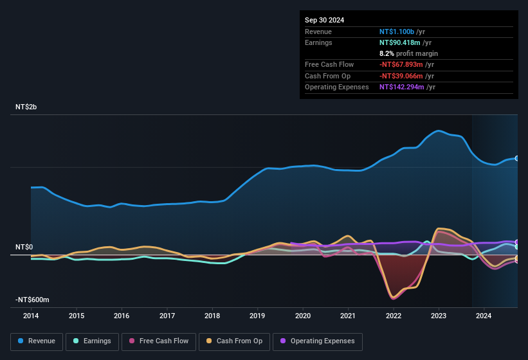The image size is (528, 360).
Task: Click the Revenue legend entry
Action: click(37, 341)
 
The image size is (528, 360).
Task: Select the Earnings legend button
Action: click(91, 341)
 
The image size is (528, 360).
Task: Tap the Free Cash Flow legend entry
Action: click(159, 341)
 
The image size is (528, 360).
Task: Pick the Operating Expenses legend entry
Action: click(318, 341)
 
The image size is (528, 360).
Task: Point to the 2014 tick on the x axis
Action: click(31, 316)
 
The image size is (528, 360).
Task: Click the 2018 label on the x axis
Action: click(212, 316)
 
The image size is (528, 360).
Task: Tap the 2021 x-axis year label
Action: click(348, 316)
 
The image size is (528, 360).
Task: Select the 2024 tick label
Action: click(484, 316)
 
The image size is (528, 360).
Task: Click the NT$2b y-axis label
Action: click(26, 107)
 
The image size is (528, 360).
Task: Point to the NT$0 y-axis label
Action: click(24, 248)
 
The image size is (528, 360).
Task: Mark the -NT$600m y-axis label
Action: click(32, 300)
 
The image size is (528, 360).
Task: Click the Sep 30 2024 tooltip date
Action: click(324, 20)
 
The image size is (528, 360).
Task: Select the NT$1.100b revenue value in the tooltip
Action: click(397, 31)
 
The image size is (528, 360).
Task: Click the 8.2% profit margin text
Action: click(408, 53)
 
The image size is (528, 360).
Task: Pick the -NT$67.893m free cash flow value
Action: click(401, 64)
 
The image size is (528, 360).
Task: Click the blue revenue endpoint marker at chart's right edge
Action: click(517, 158)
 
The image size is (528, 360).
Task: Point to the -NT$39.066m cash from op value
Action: click(401, 76)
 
